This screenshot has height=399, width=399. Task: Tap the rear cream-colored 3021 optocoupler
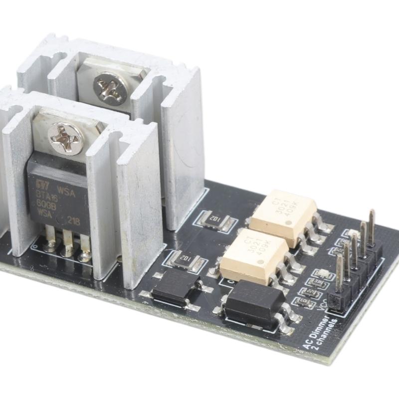click(x=283, y=211)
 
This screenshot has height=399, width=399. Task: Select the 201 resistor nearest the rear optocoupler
click(x=215, y=220)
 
